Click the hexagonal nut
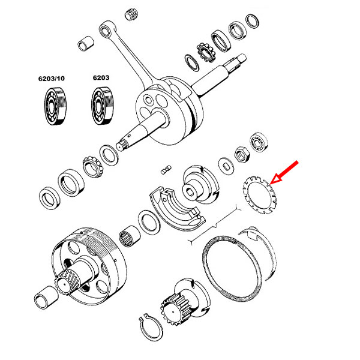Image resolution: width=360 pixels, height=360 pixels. click(244, 155)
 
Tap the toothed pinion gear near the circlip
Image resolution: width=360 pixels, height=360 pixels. click(176, 311)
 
